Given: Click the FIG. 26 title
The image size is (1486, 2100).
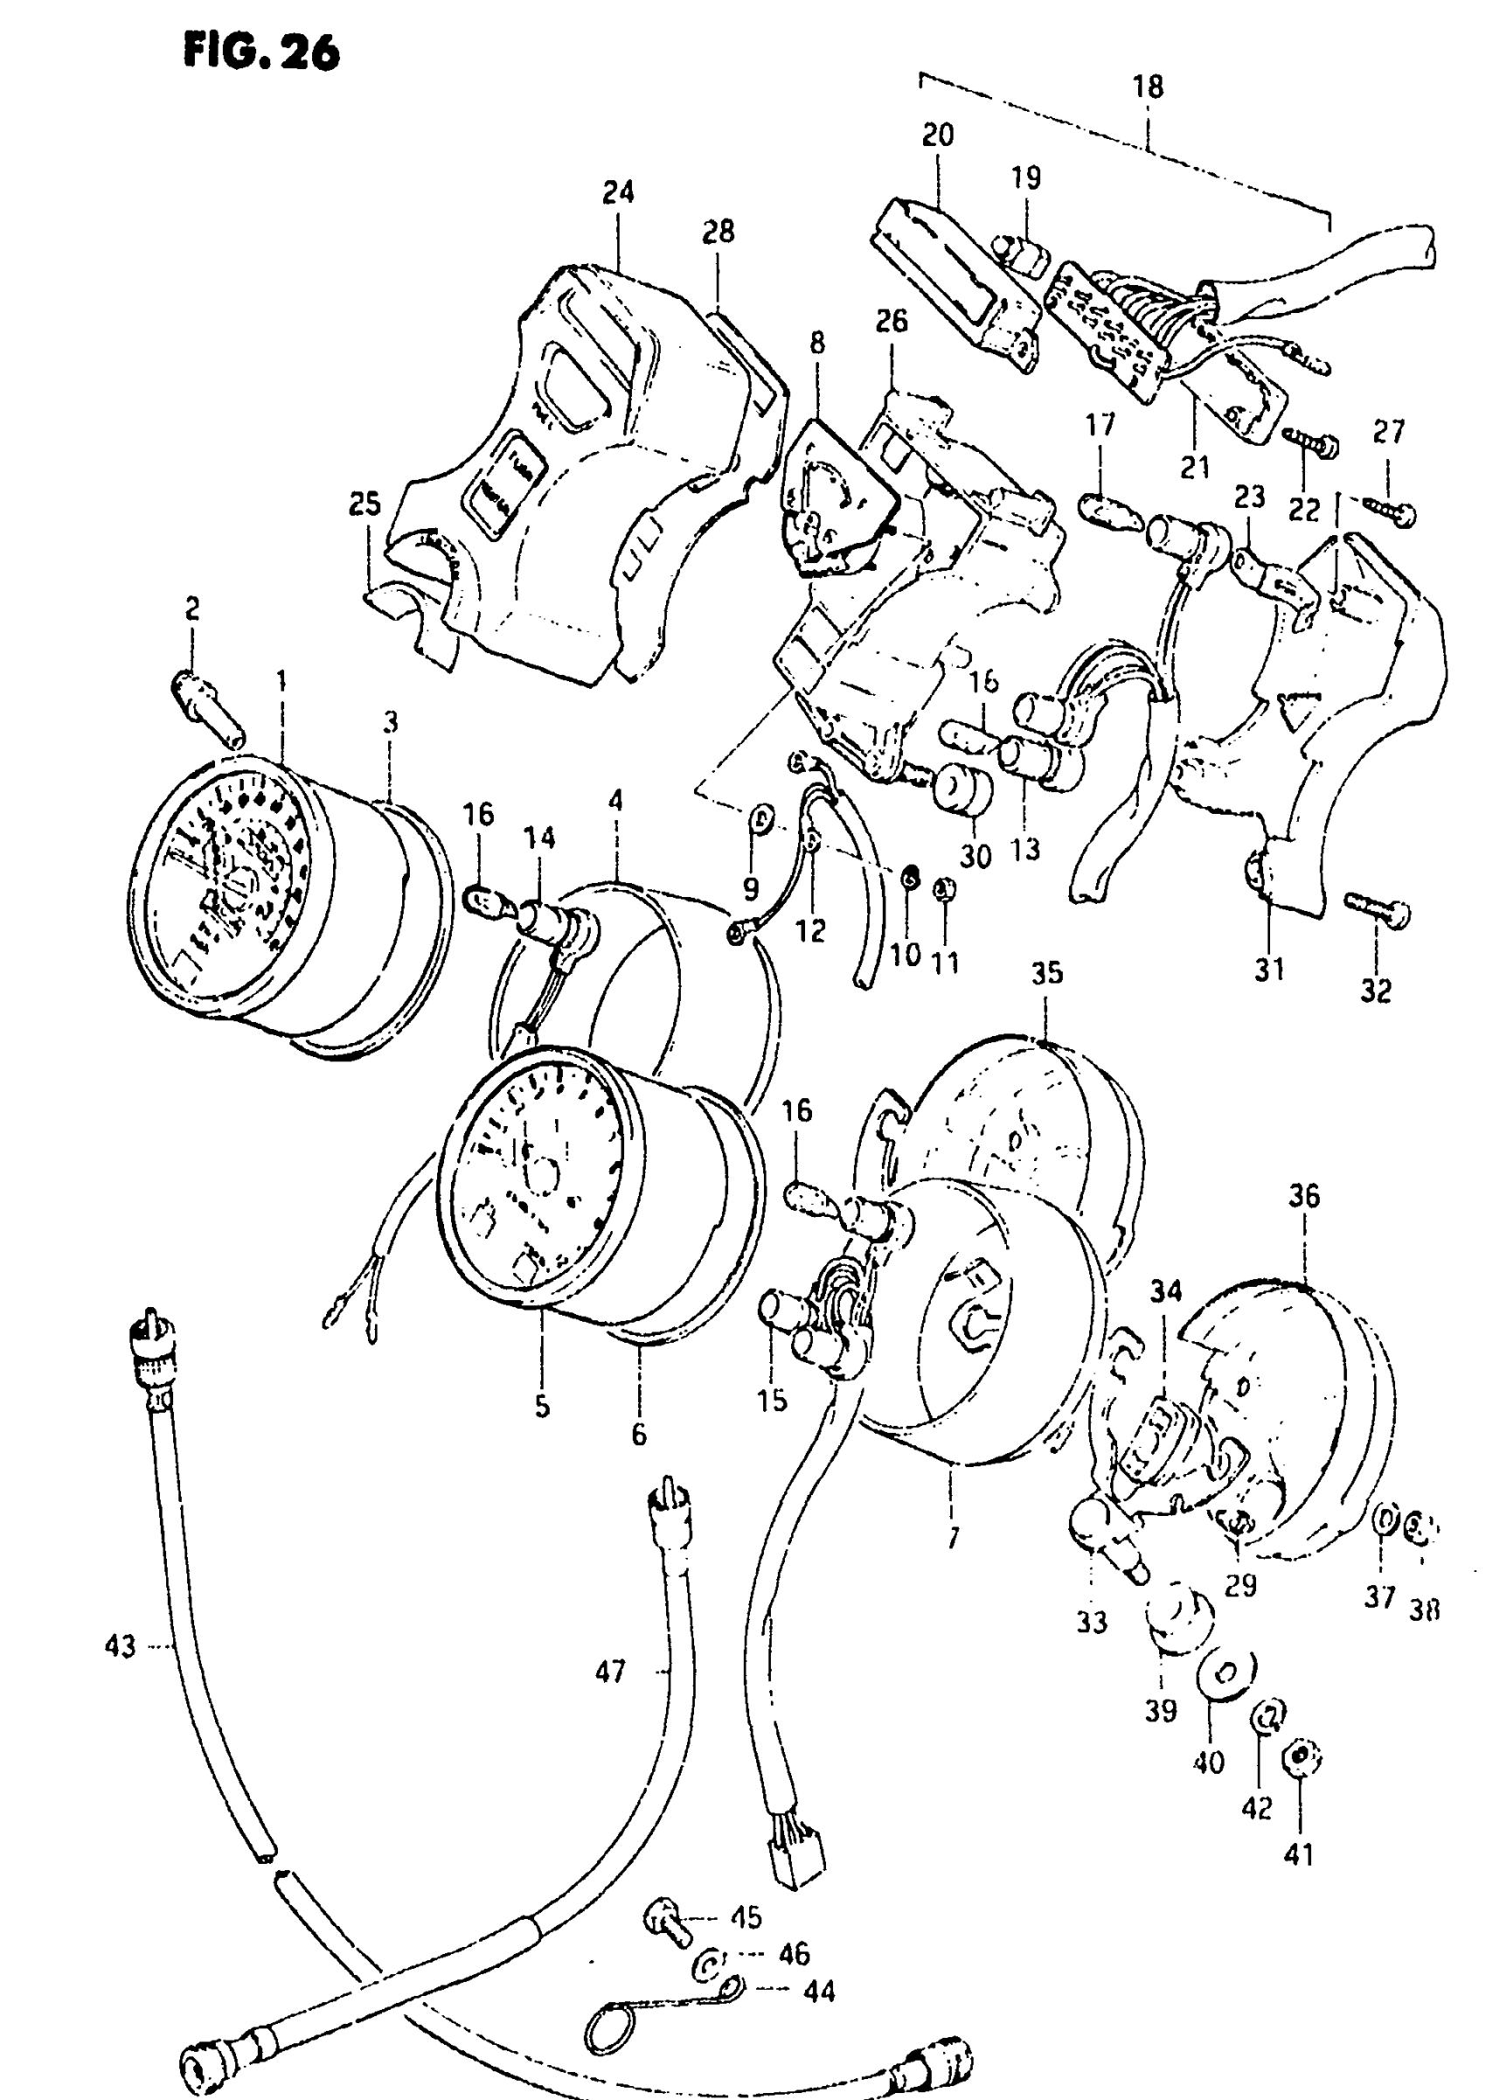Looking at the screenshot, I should [x=261, y=52].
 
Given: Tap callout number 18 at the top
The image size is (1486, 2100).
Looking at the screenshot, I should [x=1148, y=87].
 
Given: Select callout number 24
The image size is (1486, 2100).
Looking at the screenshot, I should [x=619, y=193].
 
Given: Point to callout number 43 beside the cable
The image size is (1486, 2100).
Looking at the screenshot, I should [x=121, y=1646].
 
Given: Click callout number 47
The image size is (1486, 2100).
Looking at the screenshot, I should [x=610, y=1672].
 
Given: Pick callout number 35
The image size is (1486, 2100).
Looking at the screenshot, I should [x=1048, y=973].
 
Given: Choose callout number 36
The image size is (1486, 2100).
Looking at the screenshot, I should [x=1304, y=1196].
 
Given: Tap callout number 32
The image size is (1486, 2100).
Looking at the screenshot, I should [x=1375, y=991].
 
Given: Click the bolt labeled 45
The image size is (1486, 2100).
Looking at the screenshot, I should [x=665, y=1920].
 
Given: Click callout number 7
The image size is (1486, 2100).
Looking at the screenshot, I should [x=954, y=1537].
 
